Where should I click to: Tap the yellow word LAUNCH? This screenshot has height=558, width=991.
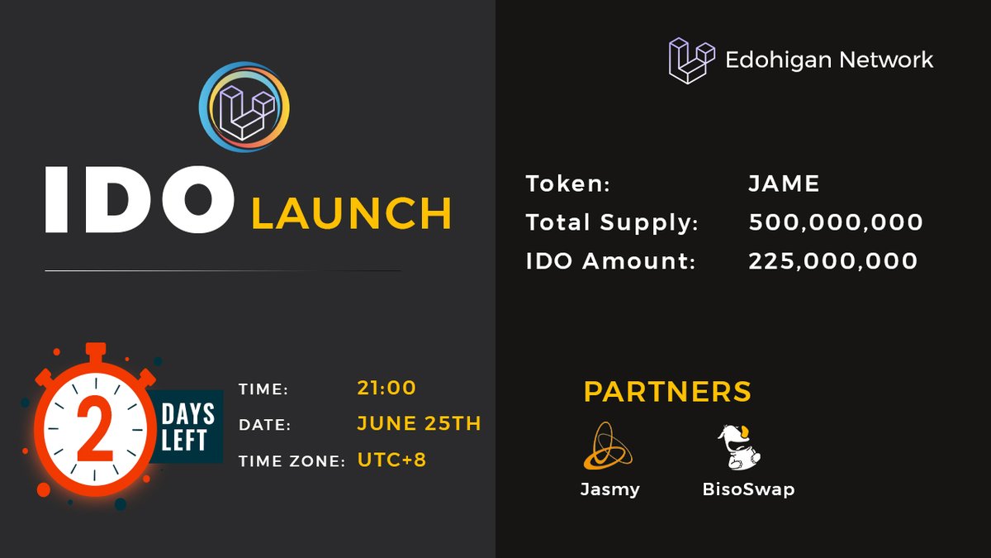(352, 212)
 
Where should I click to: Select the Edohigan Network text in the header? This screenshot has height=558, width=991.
(829, 60)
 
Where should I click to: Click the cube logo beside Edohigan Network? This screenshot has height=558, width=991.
(691, 60)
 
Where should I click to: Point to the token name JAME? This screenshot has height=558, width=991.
(784, 184)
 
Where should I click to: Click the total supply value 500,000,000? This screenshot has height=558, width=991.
(836, 222)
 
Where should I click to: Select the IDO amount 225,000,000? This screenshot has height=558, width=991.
(832, 261)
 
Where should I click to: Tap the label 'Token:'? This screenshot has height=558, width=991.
(568, 184)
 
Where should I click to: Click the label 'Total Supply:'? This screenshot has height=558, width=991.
(612, 222)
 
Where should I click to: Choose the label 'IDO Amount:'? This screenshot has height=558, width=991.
(610, 261)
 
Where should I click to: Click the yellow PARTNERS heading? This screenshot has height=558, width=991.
(667, 391)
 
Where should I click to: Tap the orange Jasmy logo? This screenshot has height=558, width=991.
(608, 446)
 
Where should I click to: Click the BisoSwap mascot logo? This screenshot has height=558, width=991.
(739, 447)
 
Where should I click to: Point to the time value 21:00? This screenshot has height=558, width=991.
(386, 387)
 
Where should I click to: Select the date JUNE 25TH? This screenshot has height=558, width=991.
(419, 423)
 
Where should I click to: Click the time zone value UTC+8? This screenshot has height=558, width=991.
(391, 460)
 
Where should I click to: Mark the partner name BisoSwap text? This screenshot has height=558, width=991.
(748, 489)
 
